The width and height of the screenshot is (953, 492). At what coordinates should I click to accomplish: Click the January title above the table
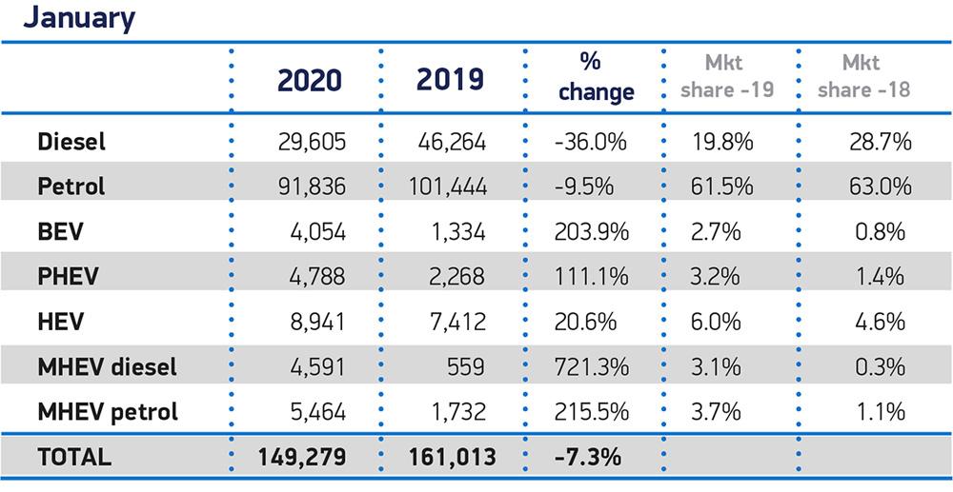(x=79, y=18)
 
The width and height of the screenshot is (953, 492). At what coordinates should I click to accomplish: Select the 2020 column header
(x=309, y=80)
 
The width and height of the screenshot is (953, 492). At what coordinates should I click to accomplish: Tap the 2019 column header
(x=449, y=80)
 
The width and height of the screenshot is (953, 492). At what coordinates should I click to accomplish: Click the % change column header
(x=596, y=78)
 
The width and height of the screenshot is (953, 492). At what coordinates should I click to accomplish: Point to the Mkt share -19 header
(x=729, y=77)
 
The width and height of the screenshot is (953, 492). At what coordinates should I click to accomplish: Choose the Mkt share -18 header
(x=863, y=77)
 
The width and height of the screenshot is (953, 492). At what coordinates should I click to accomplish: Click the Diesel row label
(x=71, y=143)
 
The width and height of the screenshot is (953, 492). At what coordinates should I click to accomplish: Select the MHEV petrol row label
(x=107, y=412)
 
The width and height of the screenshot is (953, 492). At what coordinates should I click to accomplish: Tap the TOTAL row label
(x=73, y=457)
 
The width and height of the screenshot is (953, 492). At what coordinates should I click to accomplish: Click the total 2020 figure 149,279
(x=302, y=457)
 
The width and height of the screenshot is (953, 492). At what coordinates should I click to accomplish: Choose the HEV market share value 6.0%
(x=716, y=323)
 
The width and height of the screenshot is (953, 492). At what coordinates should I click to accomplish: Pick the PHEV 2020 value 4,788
(x=319, y=277)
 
